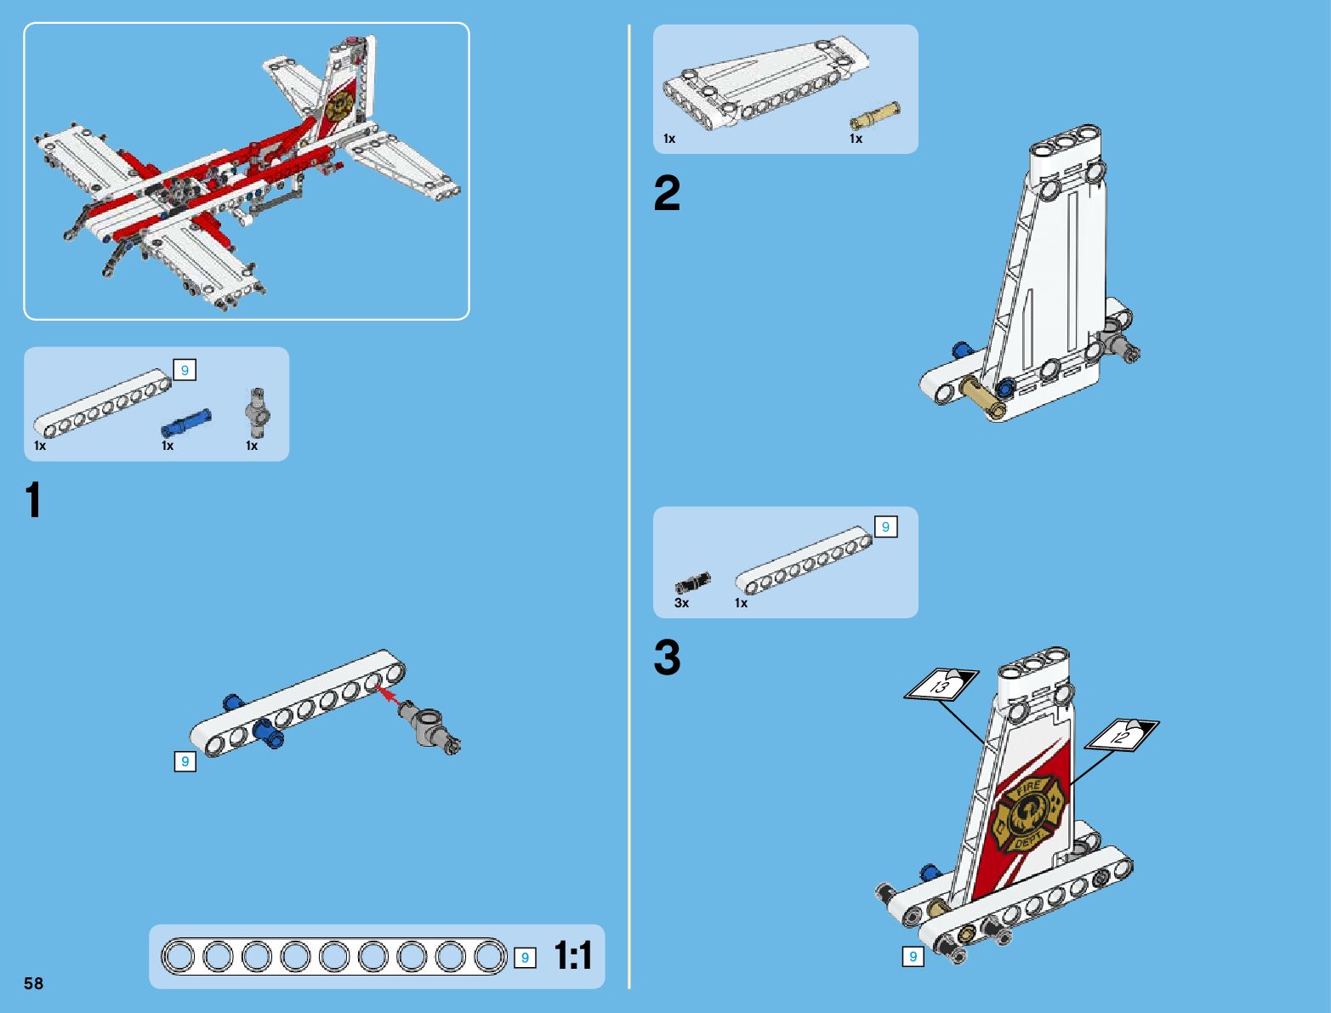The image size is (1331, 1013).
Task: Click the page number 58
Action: click(x=34, y=983)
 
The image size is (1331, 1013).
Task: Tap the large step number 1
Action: click(x=33, y=500)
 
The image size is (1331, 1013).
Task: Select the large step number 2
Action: click(x=668, y=194)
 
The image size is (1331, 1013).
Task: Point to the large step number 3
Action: click(x=668, y=658)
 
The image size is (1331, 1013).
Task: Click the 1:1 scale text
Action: click(x=573, y=956)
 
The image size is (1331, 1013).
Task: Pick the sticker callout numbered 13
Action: click(x=941, y=685)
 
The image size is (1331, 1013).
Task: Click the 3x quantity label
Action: click(x=681, y=603)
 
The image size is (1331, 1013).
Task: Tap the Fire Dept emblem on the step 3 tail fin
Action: click(x=1027, y=817)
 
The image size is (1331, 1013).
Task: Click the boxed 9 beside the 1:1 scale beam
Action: click(x=525, y=958)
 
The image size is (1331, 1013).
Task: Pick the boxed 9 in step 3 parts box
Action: click(x=885, y=527)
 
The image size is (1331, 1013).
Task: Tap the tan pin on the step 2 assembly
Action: click(x=983, y=396)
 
